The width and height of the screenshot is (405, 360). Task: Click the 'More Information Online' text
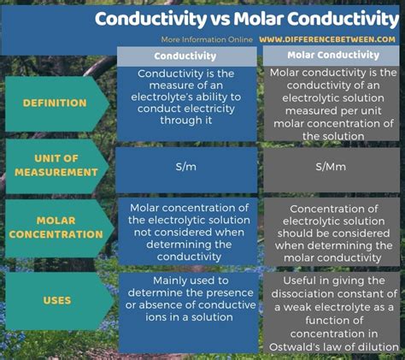pos(207,39)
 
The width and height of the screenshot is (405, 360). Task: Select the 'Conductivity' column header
pos(186,56)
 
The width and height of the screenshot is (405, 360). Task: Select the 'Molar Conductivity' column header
pos(330,56)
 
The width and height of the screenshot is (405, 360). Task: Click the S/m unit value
pos(186,167)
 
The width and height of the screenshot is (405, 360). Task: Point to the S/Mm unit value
pos(330,167)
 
